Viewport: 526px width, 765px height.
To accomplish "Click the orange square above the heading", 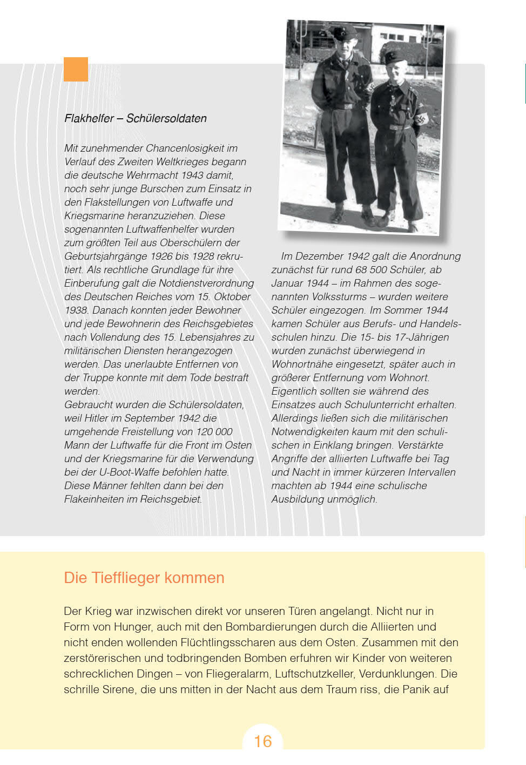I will click(76, 69).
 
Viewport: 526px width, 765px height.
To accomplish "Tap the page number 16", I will click(263, 741).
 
